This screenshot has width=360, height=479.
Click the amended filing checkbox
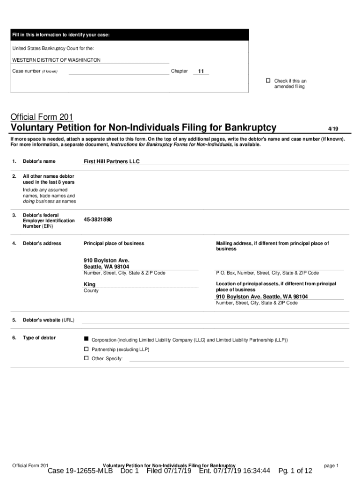[268, 81]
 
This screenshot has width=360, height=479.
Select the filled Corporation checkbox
[86, 338]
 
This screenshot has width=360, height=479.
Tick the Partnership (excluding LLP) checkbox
[86, 349]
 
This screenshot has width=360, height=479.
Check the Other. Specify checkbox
[86, 358]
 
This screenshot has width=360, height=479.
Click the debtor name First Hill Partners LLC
[112, 161]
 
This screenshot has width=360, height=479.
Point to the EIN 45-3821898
[98, 219]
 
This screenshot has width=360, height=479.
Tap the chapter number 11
[201, 72]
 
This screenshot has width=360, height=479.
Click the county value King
[89, 284]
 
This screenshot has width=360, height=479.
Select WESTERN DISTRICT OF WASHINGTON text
[56, 60]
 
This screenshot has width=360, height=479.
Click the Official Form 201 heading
[42, 116]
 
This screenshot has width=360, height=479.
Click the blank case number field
[118, 72]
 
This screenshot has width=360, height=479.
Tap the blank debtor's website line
[215, 320]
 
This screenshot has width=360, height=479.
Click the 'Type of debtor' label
[39, 338]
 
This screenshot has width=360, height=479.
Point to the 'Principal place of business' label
[114, 243]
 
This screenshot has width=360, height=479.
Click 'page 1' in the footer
[331, 465]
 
